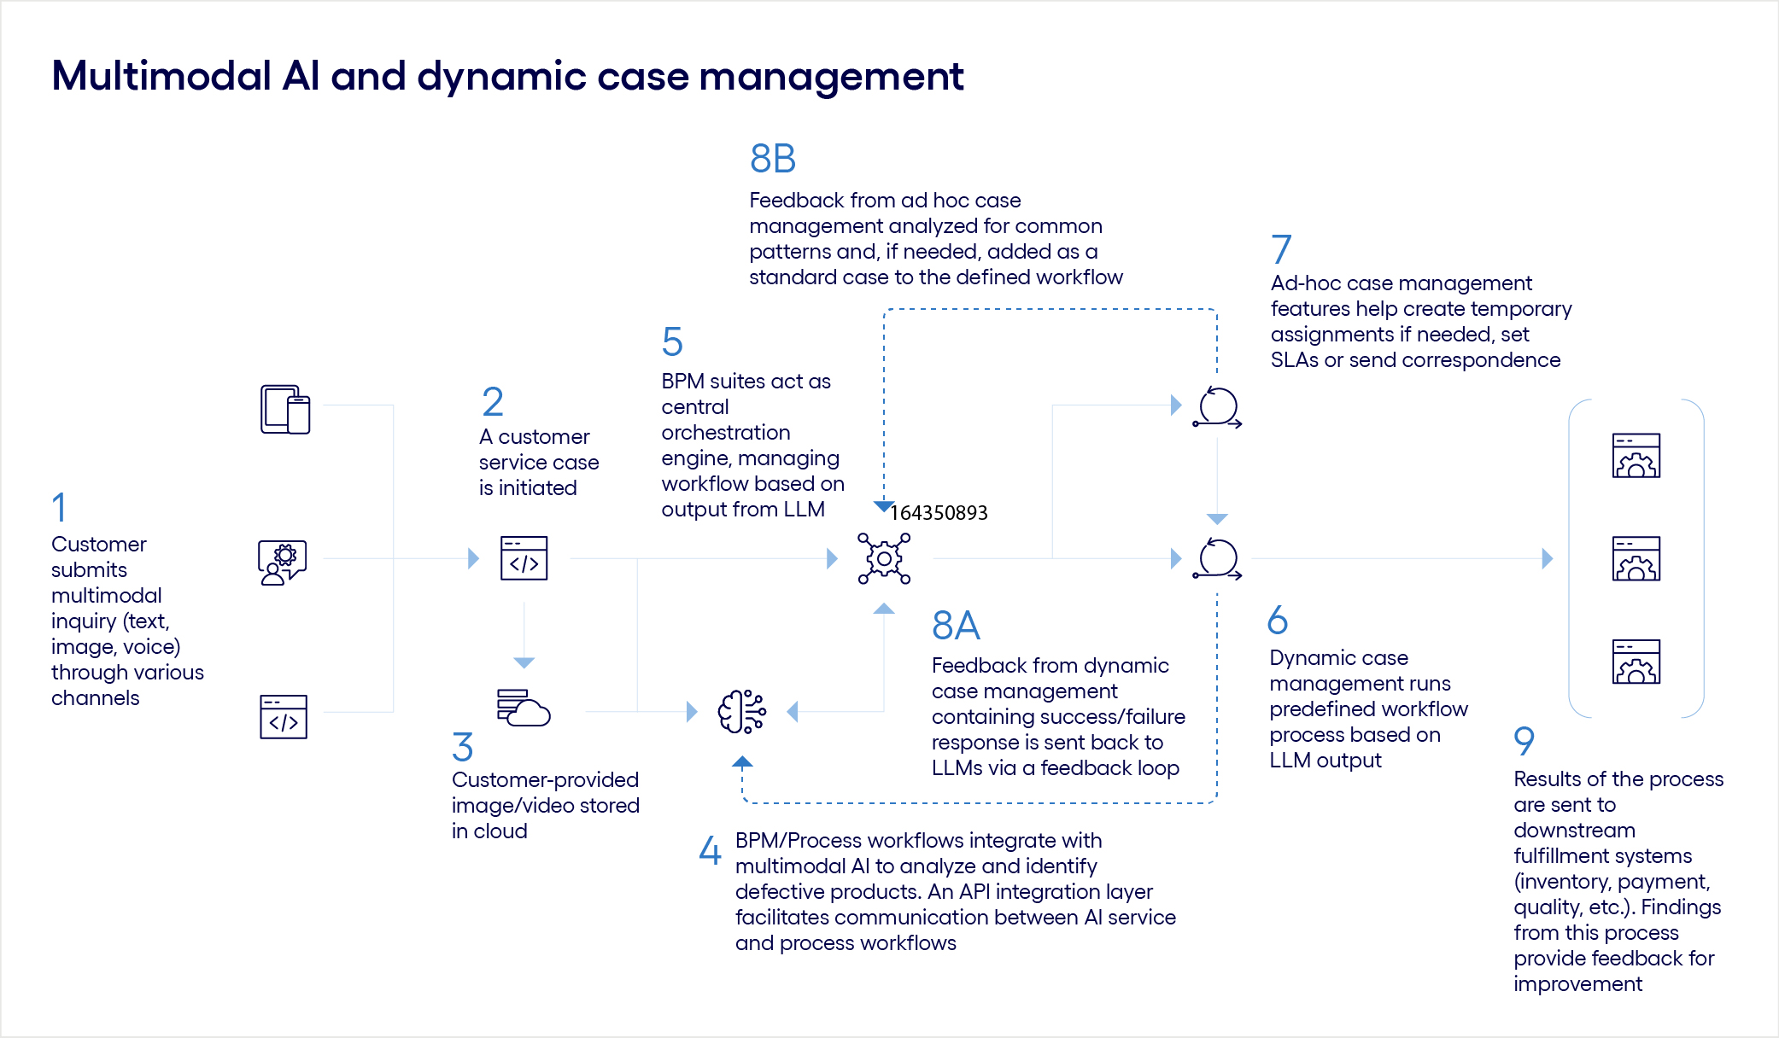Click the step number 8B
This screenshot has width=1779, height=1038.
772,159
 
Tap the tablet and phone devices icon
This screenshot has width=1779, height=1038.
285,410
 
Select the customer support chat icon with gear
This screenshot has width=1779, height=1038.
283,562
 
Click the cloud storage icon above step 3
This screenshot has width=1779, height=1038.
524,708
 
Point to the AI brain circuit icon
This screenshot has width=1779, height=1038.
741,712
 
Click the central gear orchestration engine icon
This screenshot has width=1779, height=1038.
884,559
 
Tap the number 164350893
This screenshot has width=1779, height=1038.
939,513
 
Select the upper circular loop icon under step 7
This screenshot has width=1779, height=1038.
1217,407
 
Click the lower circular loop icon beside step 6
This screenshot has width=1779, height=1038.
1217,559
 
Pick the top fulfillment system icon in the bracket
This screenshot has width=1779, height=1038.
1636,456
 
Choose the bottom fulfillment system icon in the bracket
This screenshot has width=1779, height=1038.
1636,662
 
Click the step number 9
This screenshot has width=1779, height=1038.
1524,741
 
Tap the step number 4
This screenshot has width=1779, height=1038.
710,850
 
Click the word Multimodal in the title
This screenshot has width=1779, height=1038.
161,76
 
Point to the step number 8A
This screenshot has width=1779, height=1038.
955,626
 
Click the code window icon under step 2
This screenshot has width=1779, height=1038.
524,558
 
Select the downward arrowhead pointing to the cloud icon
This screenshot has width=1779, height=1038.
524,662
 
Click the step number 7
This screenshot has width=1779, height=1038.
1280,249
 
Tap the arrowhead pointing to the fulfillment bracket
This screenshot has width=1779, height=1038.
1547,559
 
